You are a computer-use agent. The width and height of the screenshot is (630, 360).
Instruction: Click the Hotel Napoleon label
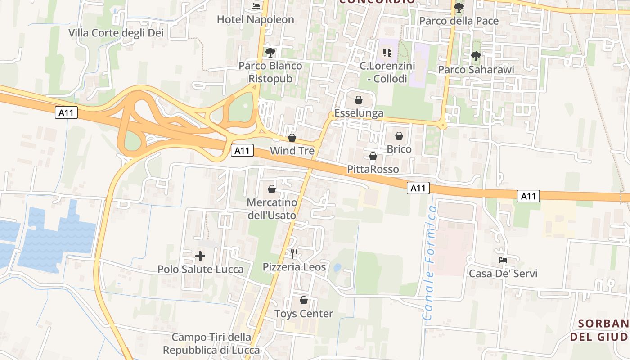pos(255,19)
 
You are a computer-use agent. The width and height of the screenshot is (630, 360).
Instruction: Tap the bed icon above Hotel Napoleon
pos(256,6)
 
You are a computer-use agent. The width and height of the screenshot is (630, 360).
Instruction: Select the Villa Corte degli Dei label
pos(116,33)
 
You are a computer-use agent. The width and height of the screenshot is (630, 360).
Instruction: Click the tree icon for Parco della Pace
pos(459,8)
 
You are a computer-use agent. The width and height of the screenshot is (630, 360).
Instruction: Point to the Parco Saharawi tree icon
pos(476,56)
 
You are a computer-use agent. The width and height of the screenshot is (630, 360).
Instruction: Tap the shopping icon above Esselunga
pos(359,100)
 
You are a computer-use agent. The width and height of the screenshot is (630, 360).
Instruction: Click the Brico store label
pos(399,149)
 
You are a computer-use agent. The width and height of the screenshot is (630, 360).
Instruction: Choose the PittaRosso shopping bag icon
pos(373,157)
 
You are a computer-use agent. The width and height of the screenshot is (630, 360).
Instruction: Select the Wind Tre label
pos(292,151)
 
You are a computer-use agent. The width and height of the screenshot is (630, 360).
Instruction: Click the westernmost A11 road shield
pos(67,113)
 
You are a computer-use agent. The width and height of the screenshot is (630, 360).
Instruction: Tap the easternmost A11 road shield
pos(528,196)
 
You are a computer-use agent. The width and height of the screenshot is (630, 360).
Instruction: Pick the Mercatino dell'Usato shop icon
pos(272,189)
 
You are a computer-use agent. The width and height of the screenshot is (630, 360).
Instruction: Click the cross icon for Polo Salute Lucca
pos(200,256)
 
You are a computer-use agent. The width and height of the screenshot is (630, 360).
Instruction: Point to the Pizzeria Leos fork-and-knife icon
pos(294,254)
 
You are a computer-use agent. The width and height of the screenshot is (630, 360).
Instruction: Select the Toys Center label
pos(304,314)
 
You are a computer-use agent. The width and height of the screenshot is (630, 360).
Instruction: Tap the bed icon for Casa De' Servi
pos(503,260)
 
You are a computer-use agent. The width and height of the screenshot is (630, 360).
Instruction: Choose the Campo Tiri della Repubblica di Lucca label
pos(211,344)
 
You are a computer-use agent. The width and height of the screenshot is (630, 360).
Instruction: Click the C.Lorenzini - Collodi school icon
pos(387,53)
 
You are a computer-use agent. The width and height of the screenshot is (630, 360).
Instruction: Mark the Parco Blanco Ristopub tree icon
pos(270,53)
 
